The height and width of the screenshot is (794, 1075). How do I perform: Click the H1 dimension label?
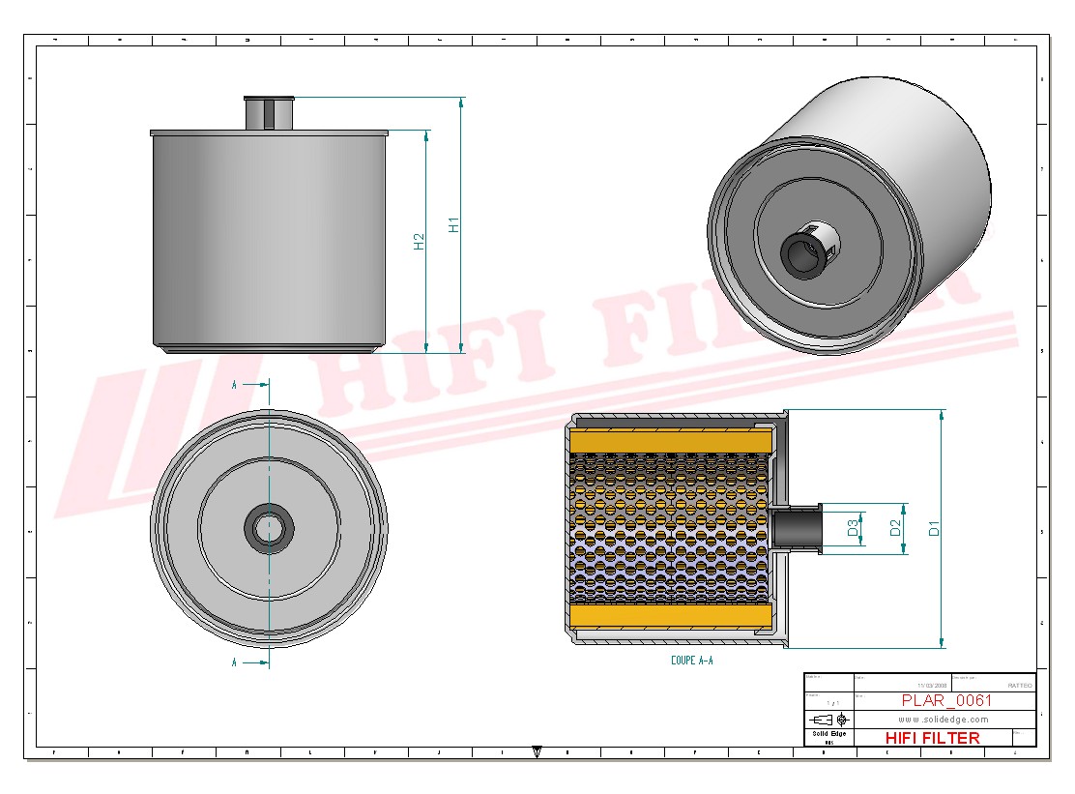point(452,224)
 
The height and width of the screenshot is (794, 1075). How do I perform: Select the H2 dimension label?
point(419,241)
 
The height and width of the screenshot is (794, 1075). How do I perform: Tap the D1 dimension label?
point(934,528)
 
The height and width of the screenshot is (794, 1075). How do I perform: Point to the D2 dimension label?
point(895,528)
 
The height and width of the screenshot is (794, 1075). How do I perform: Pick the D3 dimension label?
point(853,528)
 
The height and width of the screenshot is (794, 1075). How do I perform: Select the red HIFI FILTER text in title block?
point(932,738)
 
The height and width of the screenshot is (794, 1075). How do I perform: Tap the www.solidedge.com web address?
point(943,720)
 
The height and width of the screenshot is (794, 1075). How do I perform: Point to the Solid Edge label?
point(828,734)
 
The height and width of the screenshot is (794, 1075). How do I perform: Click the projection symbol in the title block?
point(828,720)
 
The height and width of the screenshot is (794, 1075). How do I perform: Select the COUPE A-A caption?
point(691,661)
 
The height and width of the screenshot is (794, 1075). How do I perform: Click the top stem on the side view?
point(267,113)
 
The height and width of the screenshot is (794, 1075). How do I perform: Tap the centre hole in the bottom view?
point(269,528)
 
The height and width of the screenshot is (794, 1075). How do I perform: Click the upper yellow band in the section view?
point(671,441)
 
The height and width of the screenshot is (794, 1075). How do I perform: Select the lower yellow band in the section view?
point(671,616)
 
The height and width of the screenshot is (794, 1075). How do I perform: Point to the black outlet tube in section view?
point(795,529)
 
